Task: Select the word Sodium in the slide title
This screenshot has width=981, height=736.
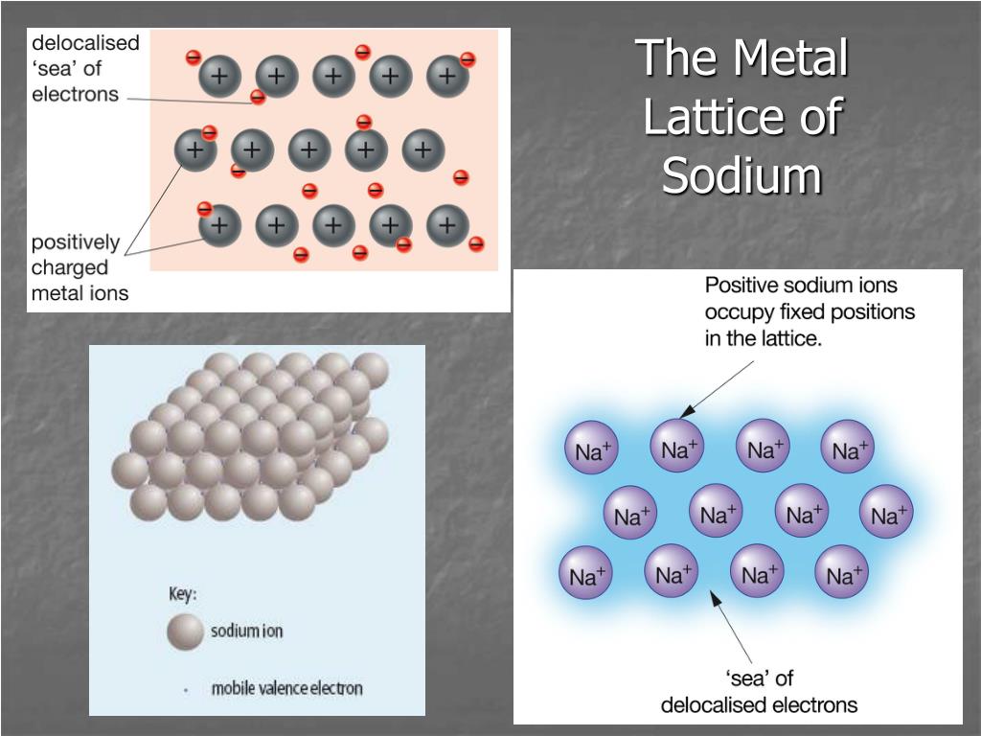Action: click(x=742, y=176)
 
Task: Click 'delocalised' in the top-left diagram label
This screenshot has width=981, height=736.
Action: click(x=86, y=43)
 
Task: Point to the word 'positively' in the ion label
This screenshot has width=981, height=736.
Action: click(x=76, y=241)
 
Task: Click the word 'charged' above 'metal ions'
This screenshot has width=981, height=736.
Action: click(x=70, y=267)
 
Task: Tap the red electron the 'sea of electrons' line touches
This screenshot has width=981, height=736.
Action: click(x=258, y=97)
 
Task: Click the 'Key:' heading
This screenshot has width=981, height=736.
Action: click(x=183, y=593)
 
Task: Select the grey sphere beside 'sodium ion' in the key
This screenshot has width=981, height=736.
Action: click(x=185, y=632)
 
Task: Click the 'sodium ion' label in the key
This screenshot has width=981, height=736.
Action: click(x=247, y=632)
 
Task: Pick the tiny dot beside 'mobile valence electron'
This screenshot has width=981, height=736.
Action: click(x=185, y=688)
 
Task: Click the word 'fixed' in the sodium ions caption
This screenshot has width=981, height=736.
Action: click(x=810, y=311)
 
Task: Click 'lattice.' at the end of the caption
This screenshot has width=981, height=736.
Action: click(x=787, y=338)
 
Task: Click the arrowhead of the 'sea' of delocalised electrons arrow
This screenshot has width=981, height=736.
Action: click(x=714, y=598)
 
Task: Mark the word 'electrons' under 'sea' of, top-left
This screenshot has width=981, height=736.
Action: click(x=76, y=95)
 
